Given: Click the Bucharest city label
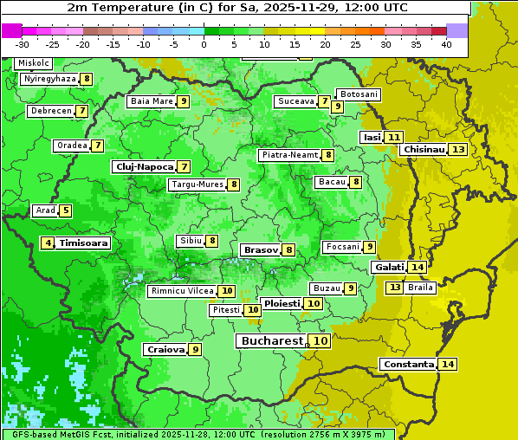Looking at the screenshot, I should [x=271, y=341].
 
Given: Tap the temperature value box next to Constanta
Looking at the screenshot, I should [x=448, y=364].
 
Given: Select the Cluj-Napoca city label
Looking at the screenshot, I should [x=144, y=166].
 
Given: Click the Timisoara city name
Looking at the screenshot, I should [x=84, y=243].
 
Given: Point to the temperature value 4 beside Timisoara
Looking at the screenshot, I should [x=49, y=243].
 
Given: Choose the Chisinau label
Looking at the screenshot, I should [x=424, y=149].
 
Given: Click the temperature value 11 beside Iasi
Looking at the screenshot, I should [x=394, y=137].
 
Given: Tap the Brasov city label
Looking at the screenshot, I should [x=261, y=249].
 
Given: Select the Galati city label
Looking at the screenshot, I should [x=389, y=267].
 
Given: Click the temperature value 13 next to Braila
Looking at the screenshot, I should [x=394, y=287].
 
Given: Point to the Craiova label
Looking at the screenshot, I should [x=165, y=349].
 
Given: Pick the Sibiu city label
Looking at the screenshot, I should [x=189, y=240].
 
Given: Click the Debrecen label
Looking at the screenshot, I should [x=50, y=111].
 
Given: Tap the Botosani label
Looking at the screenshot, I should [x=358, y=94].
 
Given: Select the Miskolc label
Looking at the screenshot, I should [x=34, y=63].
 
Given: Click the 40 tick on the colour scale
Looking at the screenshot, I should [x=446, y=44].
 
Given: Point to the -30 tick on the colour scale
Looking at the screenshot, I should [x=23, y=44].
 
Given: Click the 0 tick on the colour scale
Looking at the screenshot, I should [x=204, y=44].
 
